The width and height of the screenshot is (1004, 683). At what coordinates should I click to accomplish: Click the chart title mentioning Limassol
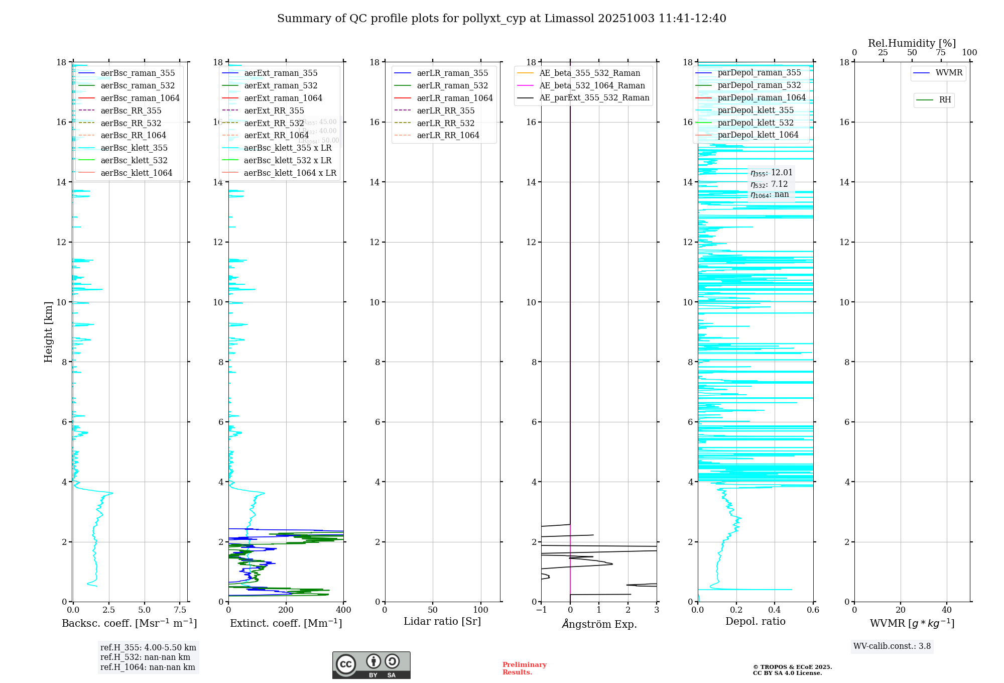click(x=501, y=19)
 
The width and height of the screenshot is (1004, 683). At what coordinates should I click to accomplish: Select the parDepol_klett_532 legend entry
click(x=756, y=123)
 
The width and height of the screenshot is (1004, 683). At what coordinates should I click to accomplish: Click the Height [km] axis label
click(x=48, y=332)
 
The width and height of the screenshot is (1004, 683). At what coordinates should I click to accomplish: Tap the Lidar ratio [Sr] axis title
click(x=442, y=622)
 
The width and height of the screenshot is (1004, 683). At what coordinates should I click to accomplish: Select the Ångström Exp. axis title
click(x=599, y=624)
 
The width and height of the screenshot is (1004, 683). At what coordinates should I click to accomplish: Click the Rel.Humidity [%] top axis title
click(x=912, y=44)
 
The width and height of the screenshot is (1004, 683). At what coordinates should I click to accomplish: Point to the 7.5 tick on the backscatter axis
click(x=180, y=610)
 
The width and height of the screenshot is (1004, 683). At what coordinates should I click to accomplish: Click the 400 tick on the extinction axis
click(x=344, y=610)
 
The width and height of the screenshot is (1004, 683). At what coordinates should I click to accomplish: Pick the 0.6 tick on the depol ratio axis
click(x=813, y=610)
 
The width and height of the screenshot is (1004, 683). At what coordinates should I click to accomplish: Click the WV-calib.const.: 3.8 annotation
click(x=892, y=646)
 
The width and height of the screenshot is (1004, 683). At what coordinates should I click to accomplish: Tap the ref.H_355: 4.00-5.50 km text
click(x=148, y=648)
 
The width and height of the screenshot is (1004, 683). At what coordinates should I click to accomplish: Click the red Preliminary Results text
click(x=524, y=668)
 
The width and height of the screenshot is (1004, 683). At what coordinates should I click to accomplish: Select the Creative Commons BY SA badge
click(x=371, y=665)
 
